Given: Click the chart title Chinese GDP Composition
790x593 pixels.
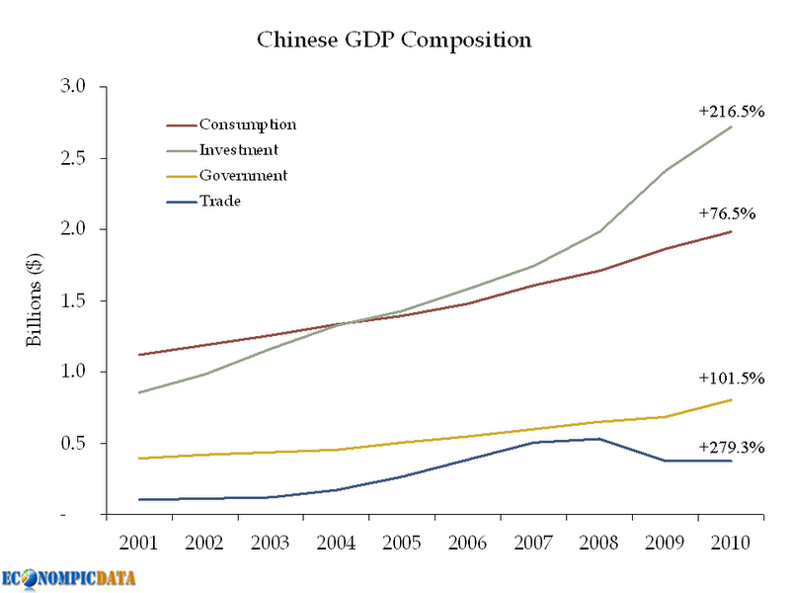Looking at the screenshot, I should point(395,41).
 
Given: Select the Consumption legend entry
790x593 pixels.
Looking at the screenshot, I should point(247,125).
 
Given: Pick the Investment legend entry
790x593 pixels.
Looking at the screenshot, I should point(238,150).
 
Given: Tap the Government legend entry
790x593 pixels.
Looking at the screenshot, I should point(243,176).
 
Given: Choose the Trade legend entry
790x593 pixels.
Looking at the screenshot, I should point(220,202).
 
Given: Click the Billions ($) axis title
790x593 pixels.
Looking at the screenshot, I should point(34,300).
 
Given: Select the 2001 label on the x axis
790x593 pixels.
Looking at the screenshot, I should point(137,543).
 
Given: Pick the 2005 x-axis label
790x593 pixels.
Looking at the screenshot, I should point(400,543).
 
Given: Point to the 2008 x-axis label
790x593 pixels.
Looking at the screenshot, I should point(598,543).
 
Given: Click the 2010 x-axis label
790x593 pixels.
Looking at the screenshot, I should point(730,543).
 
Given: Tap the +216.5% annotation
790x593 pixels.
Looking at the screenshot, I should point(732,112).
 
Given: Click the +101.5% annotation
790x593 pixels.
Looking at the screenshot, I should point(732,379).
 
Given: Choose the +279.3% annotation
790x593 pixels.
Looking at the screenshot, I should point(732,447).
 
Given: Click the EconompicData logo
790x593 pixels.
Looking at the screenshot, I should point(68,577).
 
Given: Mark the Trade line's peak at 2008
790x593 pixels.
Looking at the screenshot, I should point(598,439).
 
